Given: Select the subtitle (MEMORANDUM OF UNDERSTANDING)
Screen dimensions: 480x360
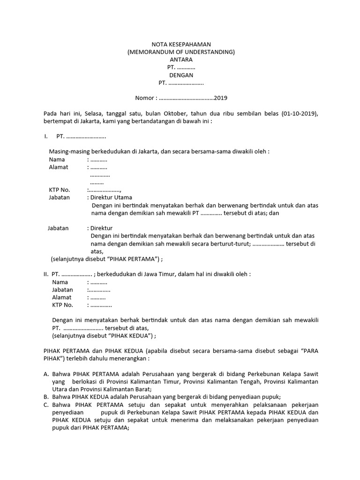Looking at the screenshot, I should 181,52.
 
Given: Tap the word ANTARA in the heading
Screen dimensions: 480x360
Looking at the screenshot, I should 181,60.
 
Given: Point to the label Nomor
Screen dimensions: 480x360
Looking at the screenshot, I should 144,98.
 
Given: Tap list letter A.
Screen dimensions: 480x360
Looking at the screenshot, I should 45,374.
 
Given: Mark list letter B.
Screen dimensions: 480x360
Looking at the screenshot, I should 45,397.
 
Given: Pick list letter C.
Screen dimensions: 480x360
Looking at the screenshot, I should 45,405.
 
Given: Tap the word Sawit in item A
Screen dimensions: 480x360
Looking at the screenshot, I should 310,374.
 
